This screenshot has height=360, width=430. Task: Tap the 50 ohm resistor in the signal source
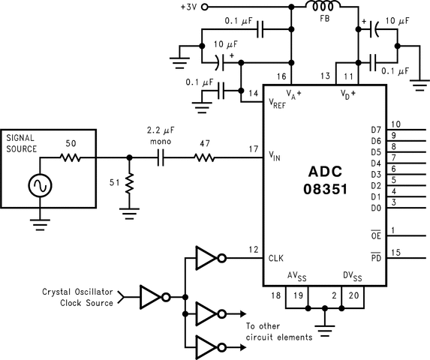(x=71, y=157)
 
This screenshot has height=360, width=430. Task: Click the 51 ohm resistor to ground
(x=129, y=182)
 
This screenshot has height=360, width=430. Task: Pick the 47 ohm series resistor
(x=204, y=157)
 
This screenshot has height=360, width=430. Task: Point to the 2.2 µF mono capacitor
(x=161, y=157)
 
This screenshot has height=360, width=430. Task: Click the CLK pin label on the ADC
(x=276, y=258)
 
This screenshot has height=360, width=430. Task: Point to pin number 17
(x=252, y=150)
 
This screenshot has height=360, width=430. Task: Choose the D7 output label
(x=376, y=130)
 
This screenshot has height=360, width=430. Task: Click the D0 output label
(x=376, y=208)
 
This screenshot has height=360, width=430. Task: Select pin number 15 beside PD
(x=395, y=253)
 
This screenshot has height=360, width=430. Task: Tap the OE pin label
(x=376, y=235)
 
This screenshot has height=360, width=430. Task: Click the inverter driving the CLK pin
(x=208, y=258)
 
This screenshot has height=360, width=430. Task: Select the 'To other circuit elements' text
(x=278, y=331)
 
